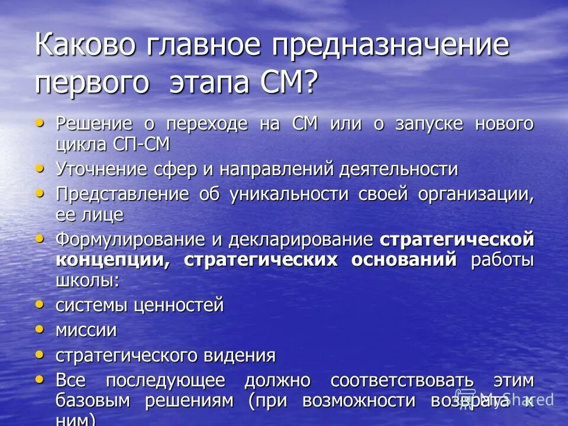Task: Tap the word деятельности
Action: point(398,169)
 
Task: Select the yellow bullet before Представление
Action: point(40,193)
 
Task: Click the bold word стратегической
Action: point(457,239)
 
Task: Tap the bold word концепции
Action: point(111,260)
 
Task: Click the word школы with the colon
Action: point(88,280)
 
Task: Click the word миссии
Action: point(86,330)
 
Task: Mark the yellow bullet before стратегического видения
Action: point(40,354)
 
